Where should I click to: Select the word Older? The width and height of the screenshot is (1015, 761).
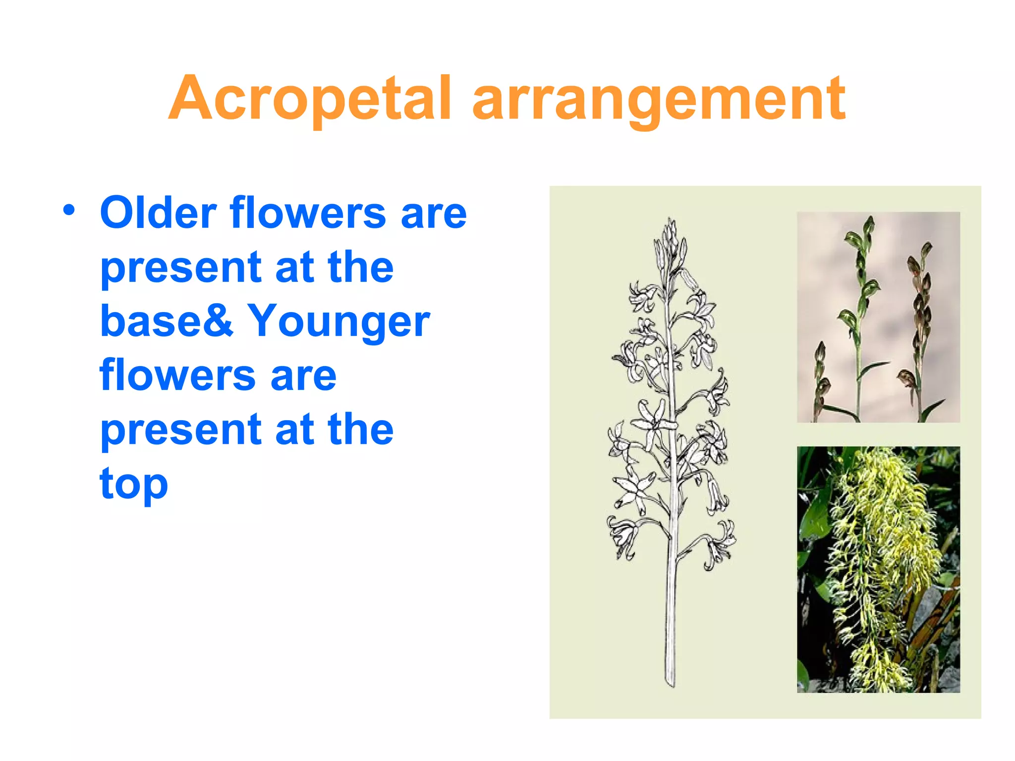tap(158, 213)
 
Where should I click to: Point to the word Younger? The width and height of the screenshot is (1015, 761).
tap(338, 322)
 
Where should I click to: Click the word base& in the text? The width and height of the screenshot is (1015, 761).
tap(167, 321)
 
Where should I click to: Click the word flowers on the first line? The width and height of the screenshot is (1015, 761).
tap(308, 213)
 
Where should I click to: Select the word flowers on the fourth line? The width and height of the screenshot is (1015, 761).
tap(177, 375)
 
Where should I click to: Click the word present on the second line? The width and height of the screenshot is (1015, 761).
tap(181, 268)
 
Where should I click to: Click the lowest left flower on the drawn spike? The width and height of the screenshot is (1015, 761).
tap(622, 538)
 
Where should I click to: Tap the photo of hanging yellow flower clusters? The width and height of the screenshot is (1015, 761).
tap(878, 569)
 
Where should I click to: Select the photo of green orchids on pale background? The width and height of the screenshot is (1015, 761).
tap(878, 317)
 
